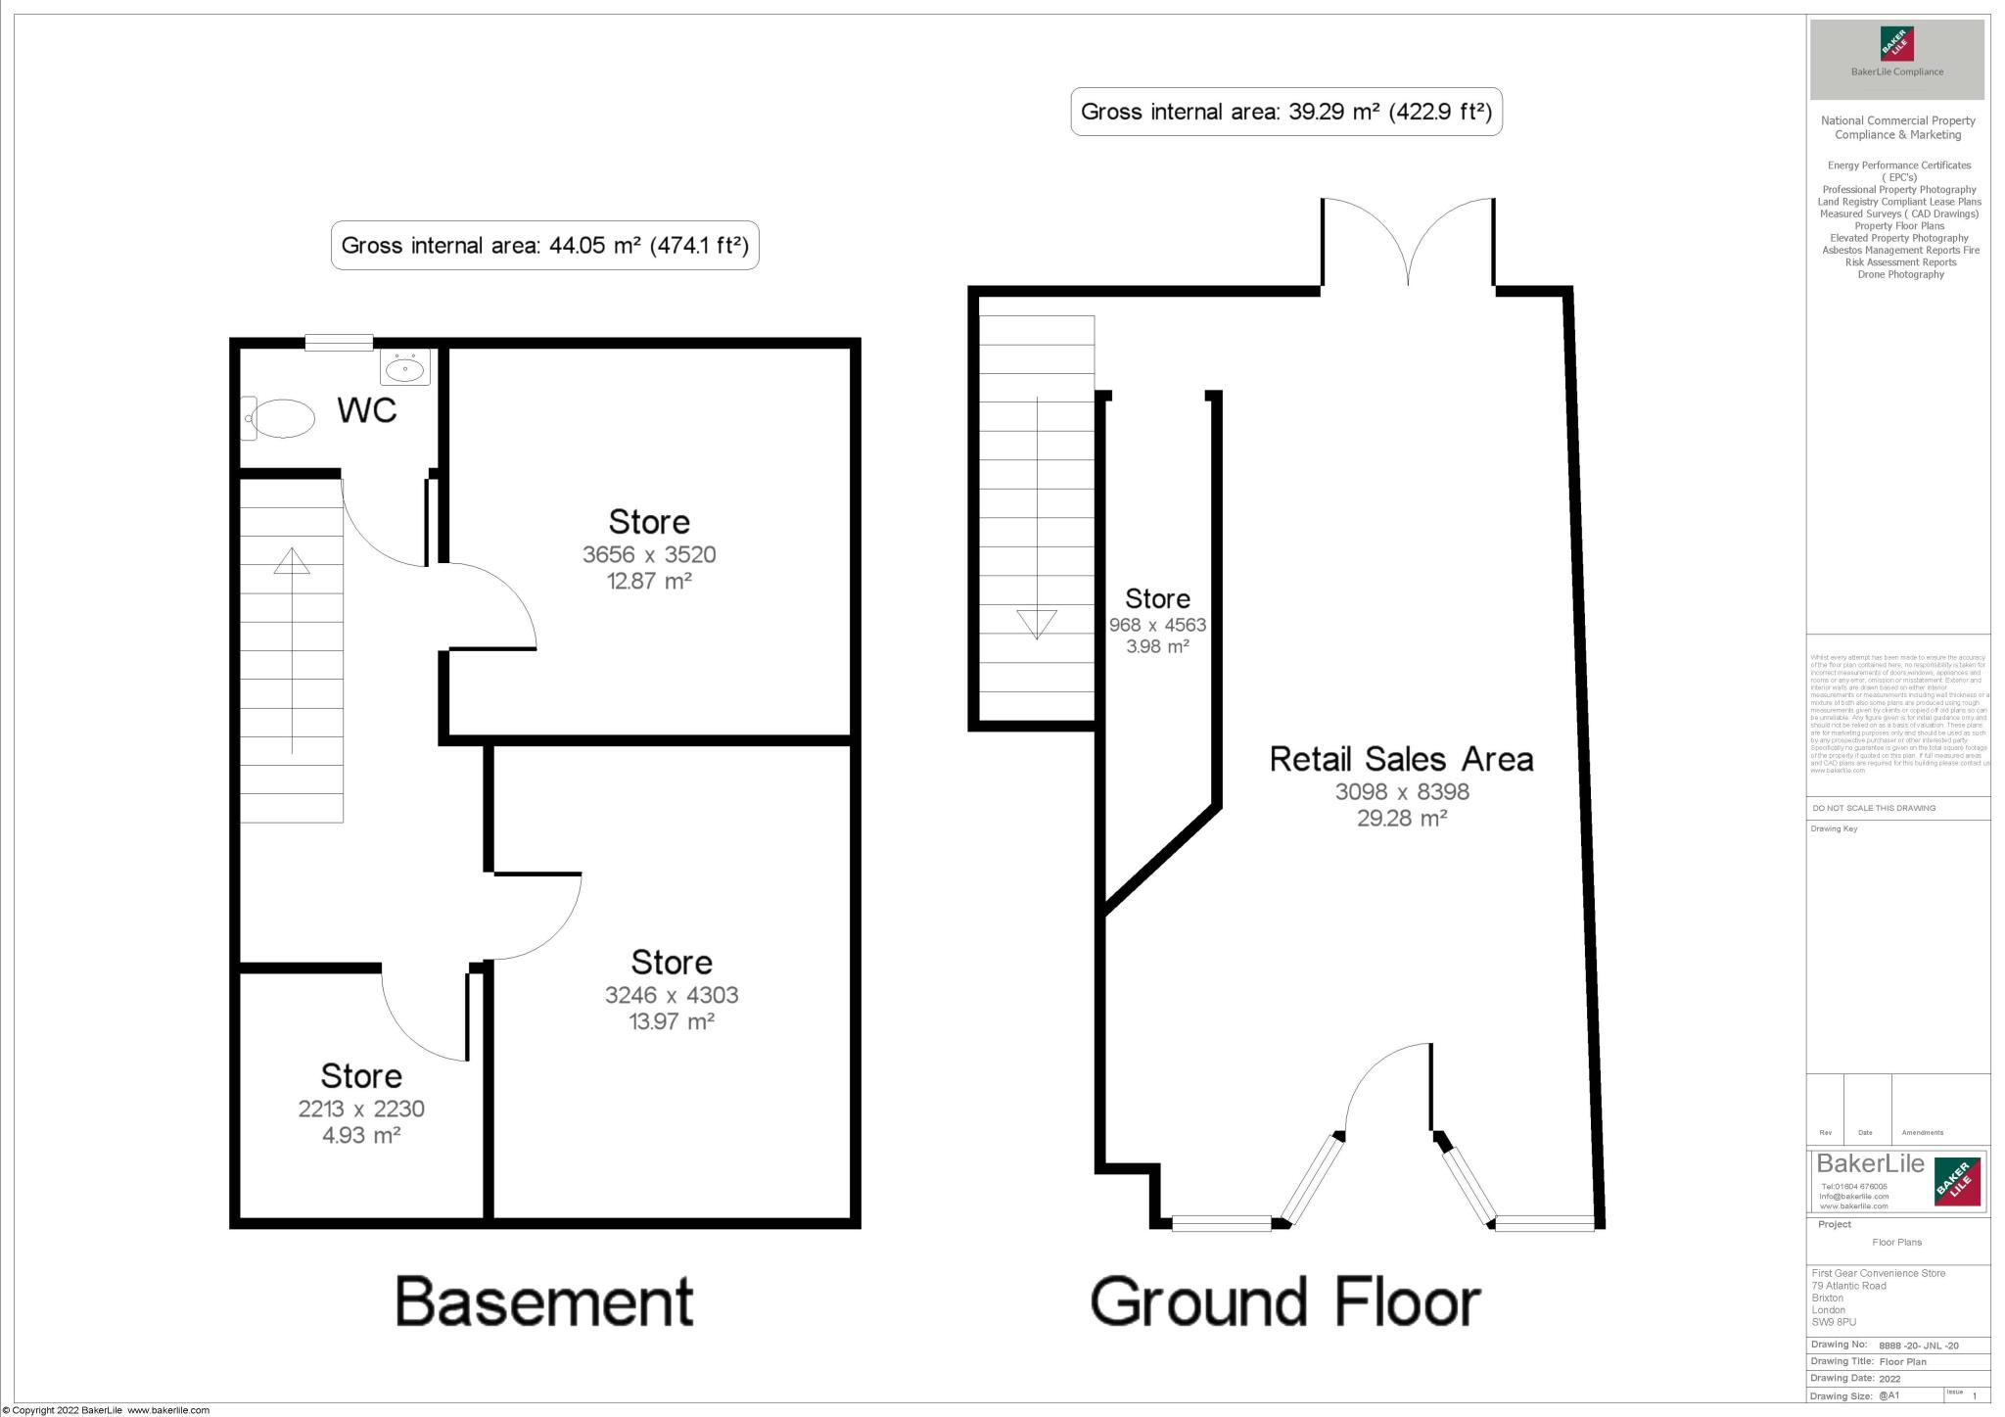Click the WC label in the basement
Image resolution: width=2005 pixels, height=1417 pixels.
click(367, 410)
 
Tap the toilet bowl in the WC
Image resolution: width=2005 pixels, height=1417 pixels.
click(284, 419)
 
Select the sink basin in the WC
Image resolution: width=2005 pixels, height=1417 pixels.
click(404, 369)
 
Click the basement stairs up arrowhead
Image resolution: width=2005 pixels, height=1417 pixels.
click(292, 561)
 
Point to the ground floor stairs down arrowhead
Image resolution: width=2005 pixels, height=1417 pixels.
click(1037, 624)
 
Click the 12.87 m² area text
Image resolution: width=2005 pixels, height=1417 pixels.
click(649, 581)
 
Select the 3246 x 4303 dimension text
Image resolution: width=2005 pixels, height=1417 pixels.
click(672, 995)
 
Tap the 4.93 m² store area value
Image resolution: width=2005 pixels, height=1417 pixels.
click(361, 1135)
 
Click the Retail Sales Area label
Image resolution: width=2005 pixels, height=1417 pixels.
click(1401, 759)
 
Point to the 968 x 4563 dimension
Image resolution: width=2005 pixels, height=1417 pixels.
click(1157, 625)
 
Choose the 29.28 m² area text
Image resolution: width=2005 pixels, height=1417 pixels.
click(1402, 818)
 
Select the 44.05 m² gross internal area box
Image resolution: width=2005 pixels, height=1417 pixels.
click(545, 245)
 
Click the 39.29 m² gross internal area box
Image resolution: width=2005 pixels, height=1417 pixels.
click(1285, 112)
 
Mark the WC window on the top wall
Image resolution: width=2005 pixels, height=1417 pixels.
click(339, 342)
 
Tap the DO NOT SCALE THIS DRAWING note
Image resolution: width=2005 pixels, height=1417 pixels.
click(1874, 808)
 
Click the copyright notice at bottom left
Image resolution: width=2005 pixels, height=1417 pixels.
click(106, 1410)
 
